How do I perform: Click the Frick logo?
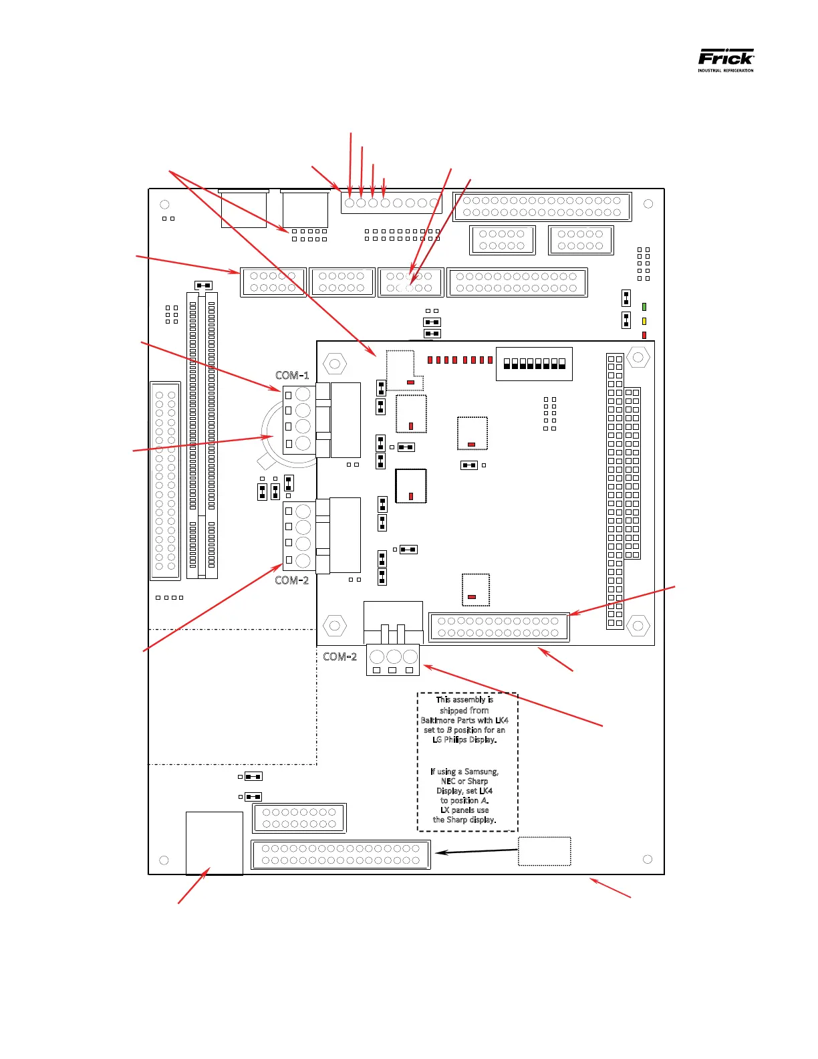(726, 57)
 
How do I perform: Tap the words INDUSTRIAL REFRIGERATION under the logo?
(726, 70)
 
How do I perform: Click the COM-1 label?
(292, 375)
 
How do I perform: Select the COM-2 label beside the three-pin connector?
(339, 657)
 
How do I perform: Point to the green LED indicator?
(644, 307)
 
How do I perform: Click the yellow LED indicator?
(644, 321)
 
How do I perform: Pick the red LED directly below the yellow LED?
(644, 335)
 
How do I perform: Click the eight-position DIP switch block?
(534, 364)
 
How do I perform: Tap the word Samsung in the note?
(481, 772)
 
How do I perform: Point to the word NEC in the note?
(448, 781)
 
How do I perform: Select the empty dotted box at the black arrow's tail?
(545, 851)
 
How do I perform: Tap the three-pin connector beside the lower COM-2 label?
(393, 659)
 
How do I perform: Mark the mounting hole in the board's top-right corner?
(648, 204)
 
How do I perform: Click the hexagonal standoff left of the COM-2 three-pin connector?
(334, 626)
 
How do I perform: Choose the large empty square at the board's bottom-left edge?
(214, 842)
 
